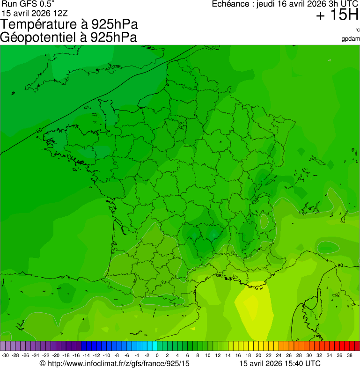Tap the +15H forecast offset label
pos(337,15)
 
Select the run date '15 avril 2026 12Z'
pos(35,13)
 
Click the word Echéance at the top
pos(230,4)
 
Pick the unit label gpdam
pos(351,38)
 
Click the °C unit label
pos(357,30)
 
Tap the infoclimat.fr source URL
pos(115,363)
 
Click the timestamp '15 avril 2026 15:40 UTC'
pos(280,363)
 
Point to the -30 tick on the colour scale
pos(5,355)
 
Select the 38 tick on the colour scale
pos(349,355)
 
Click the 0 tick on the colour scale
pos(157,355)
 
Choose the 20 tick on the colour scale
pos(258,355)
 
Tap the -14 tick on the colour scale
pos(86,355)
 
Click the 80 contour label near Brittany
pos(38,131)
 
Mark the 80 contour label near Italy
pos(340,266)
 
